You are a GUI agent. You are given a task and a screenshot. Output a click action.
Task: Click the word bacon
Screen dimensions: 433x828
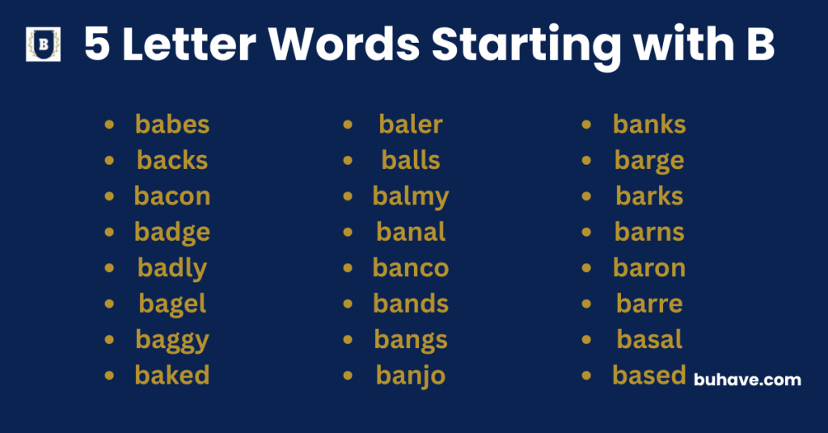tap(172, 196)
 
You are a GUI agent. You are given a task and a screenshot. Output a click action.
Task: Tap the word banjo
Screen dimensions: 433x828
tap(411, 376)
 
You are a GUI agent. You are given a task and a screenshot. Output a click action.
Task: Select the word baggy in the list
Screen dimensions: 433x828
tap(172, 340)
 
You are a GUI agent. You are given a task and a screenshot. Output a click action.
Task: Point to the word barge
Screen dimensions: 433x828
tap(649, 161)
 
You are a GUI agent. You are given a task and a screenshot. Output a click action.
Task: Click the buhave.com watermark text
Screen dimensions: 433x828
tap(748, 379)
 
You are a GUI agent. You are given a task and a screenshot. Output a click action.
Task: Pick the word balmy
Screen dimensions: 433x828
tap(411, 196)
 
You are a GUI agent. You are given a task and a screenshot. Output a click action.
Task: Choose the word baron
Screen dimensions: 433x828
tap(649, 268)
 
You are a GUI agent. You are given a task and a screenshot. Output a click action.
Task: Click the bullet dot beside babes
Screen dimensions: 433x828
tap(109, 124)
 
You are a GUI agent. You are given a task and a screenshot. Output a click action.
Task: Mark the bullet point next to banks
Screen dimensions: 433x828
tap(587, 124)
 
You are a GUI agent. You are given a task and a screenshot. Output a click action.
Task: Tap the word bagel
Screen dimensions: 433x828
tap(172, 304)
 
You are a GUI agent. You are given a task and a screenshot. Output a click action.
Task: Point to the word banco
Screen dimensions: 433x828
tap(411, 268)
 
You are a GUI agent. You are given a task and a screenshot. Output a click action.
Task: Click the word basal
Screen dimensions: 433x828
tap(649, 339)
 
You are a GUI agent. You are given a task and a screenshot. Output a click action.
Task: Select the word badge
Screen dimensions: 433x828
tap(172, 233)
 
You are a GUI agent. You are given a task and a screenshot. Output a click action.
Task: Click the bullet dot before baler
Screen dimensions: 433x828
tap(349, 124)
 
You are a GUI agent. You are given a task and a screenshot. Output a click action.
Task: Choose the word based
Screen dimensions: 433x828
tap(649, 376)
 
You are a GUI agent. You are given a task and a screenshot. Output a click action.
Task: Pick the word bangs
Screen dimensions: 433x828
tap(411, 340)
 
